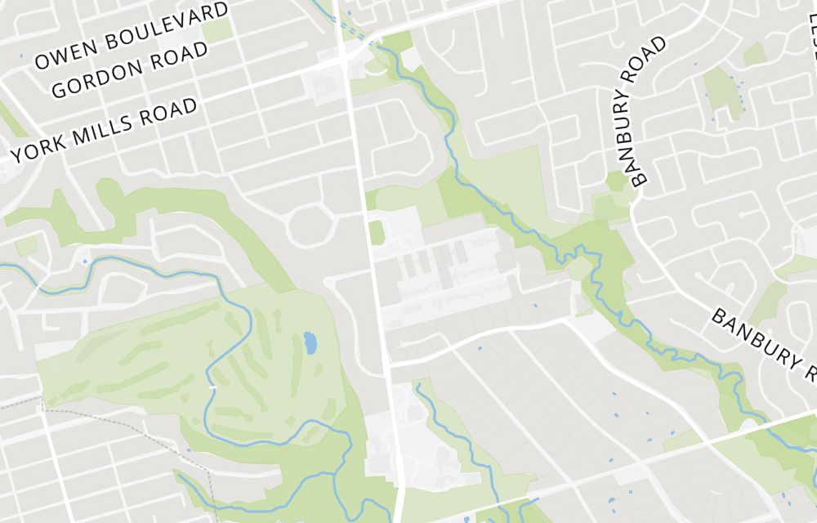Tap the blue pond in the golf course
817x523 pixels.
click(x=310, y=342)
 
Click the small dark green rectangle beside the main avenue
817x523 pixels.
click(x=377, y=232)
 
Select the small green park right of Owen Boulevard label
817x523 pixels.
click(x=217, y=31)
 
